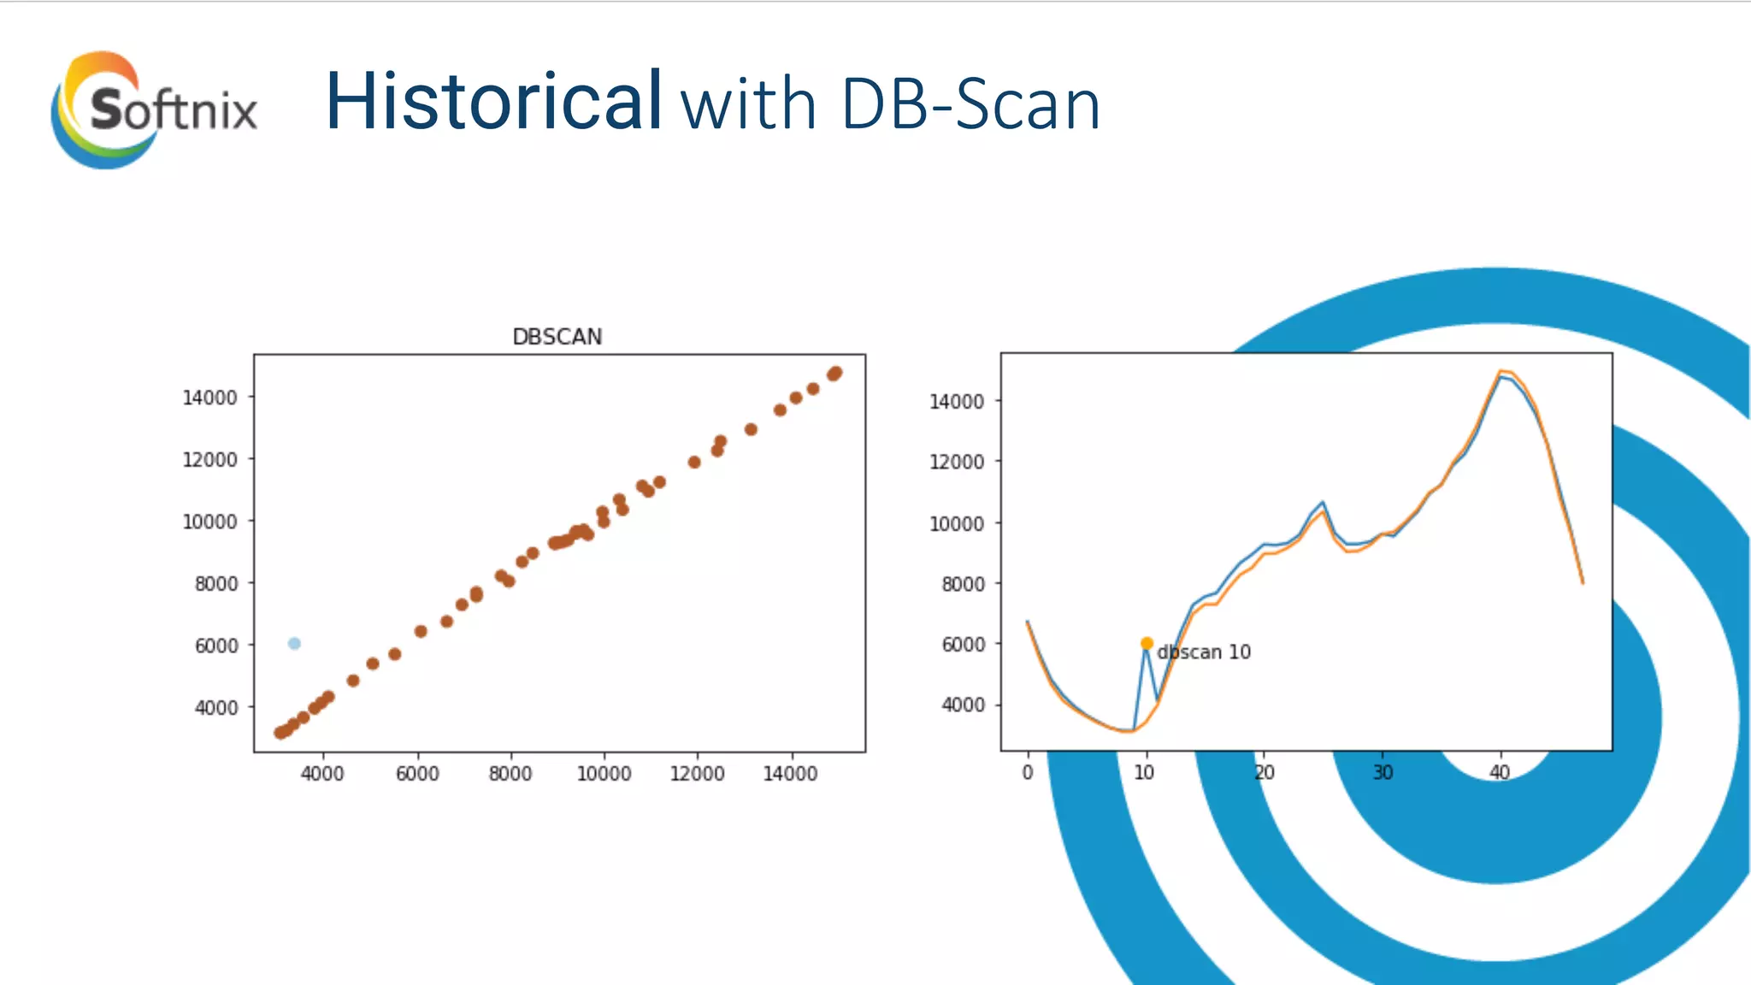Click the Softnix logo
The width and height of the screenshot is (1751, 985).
point(154,109)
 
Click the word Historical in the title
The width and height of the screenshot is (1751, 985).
point(493,102)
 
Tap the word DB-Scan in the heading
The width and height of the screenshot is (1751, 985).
point(970,104)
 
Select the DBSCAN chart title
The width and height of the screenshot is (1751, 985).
point(557,337)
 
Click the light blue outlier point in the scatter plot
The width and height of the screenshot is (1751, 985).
point(294,643)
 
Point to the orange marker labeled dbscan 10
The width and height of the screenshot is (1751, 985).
point(1147,643)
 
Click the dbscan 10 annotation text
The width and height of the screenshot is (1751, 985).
point(1204,652)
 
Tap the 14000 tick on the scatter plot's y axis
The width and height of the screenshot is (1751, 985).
point(209,398)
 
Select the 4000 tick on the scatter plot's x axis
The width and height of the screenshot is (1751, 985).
point(322,774)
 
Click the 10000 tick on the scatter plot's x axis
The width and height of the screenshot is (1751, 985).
point(604,774)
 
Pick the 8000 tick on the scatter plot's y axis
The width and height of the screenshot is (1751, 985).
point(215,584)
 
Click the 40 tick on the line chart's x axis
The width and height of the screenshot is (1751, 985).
point(1500,772)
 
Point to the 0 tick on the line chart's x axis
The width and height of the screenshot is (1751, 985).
point(1028,772)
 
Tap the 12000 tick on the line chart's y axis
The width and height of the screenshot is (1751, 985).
point(957,463)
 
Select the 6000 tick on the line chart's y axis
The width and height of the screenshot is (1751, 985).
point(963,645)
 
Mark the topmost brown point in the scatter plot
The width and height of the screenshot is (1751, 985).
point(836,373)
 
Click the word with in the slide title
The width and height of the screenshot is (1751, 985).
point(748,104)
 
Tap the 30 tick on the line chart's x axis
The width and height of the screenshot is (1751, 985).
point(1383,772)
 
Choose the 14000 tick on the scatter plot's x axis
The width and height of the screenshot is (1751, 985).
point(790,774)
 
